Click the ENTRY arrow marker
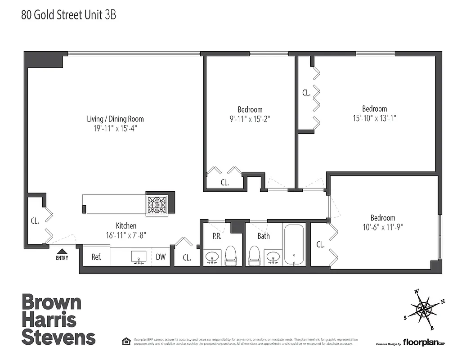pyautogui.click(x=62, y=252)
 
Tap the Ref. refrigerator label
pyautogui.click(x=96, y=257)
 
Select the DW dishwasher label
pyautogui.click(x=161, y=257)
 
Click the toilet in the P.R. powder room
pyautogui.click(x=230, y=255)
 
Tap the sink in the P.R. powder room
pyautogui.click(x=211, y=258)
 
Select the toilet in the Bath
pyautogui.click(x=254, y=255)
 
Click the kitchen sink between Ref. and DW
pyautogui.click(x=138, y=257)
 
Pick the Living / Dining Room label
pyautogui.click(x=115, y=119)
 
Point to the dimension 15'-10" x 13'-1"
pyautogui.click(x=375, y=118)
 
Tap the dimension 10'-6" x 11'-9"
pyautogui.click(x=383, y=227)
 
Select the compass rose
pyautogui.click(x=425, y=309)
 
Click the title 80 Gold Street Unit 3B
pyautogui.click(x=69, y=15)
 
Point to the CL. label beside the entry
pyautogui.click(x=35, y=221)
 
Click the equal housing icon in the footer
pyautogui.click(x=126, y=341)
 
